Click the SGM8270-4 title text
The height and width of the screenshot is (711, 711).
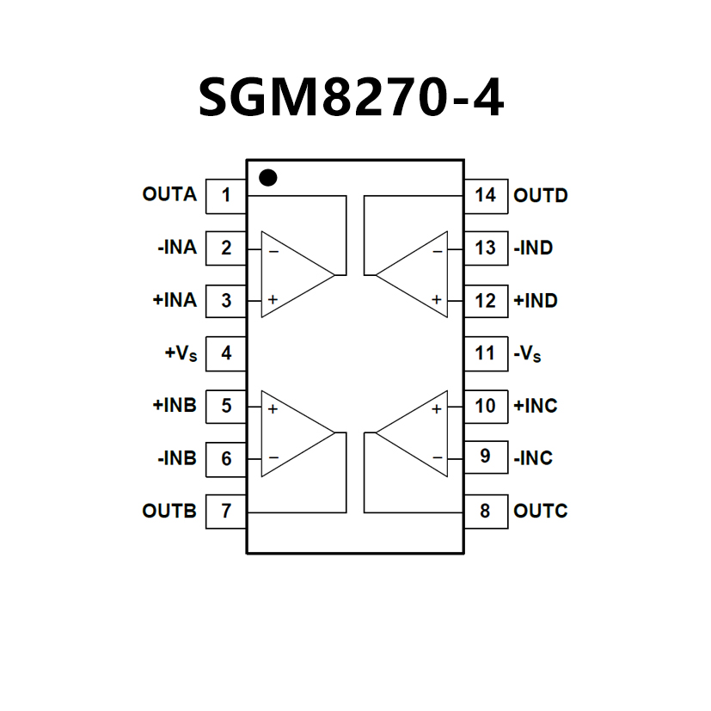coord(351,96)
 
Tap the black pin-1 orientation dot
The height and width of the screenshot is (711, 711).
coord(268,177)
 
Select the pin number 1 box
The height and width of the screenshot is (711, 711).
coord(226,195)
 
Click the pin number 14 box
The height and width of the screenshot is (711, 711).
coord(485,195)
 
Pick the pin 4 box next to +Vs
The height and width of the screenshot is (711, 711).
coord(226,353)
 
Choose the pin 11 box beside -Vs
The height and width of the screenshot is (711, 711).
coord(485,353)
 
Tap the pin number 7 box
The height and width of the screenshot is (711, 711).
coord(226,512)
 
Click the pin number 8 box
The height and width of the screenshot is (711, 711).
coord(485,512)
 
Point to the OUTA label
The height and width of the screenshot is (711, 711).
coord(169,195)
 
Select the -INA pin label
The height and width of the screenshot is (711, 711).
coord(177,248)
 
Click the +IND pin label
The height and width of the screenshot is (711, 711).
coord(535,301)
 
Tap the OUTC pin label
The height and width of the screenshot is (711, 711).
coord(541,512)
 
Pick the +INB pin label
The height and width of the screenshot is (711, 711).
coord(175,406)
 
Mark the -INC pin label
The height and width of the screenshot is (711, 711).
coord(533,458)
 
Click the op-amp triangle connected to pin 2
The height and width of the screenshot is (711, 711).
coord(292,274)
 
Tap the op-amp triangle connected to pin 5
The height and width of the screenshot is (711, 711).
coord(292,432)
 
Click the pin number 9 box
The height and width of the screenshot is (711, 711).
coord(485,457)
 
